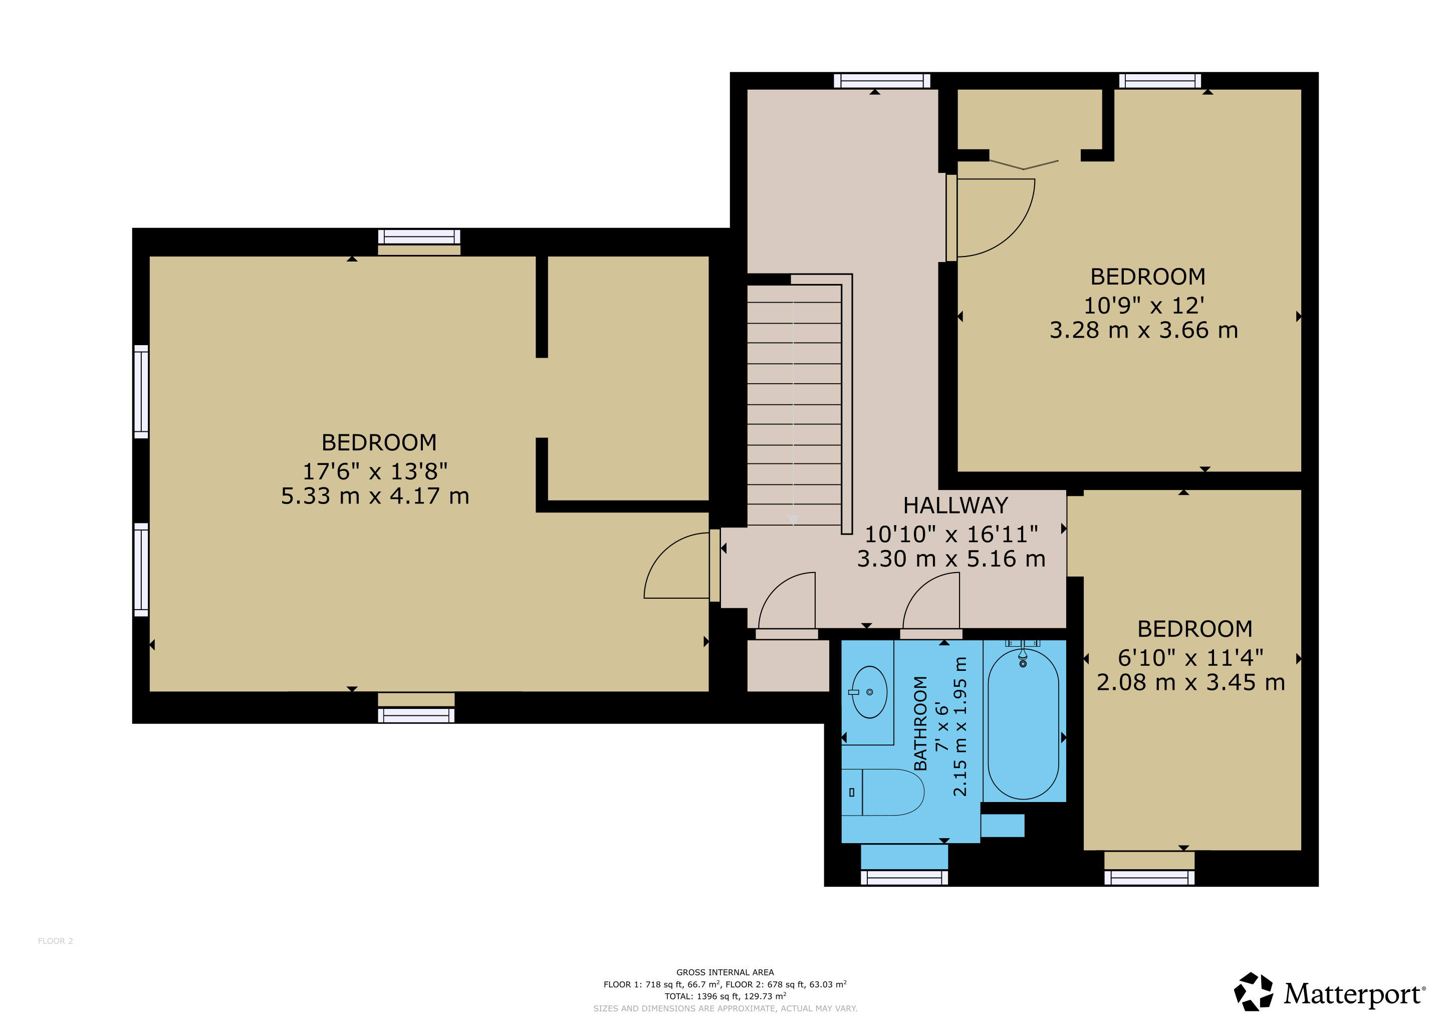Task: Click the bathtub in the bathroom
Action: (x=1023, y=724)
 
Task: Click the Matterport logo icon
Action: (x=1254, y=992)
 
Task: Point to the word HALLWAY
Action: (x=955, y=505)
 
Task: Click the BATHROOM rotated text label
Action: (x=921, y=723)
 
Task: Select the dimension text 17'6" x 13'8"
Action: (x=375, y=471)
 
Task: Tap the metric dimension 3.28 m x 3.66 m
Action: (x=1144, y=330)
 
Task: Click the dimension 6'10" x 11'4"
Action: (x=1190, y=658)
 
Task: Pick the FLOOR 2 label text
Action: (x=56, y=941)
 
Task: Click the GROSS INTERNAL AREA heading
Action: (x=725, y=972)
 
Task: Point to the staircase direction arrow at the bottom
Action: (x=793, y=519)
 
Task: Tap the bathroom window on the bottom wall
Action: (x=904, y=877)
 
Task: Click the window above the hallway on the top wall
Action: (x=882, y=80)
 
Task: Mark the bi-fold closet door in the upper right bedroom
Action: (x=1024, y=165)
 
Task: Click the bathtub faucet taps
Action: (x=1023, y=653)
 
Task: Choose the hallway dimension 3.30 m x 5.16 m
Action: (x=951, y=559)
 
